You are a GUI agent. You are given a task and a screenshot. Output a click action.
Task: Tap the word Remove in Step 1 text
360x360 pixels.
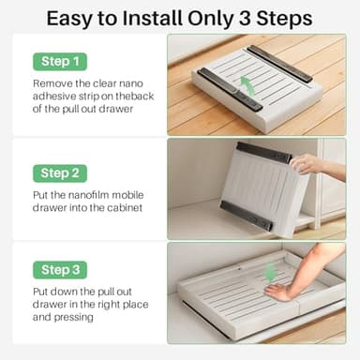pos(55,84)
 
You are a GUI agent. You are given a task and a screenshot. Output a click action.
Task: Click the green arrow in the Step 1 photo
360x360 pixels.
pos(247,86)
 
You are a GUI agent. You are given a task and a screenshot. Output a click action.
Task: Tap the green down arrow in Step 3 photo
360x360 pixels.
pos(271,272)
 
